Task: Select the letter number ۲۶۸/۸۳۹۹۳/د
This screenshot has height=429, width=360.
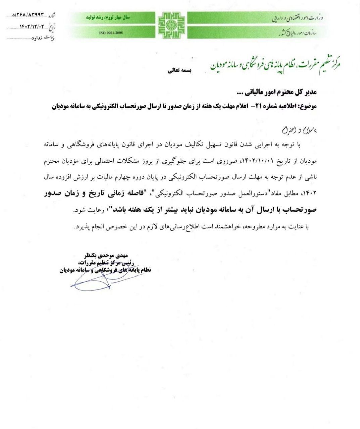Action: tap(30, 16)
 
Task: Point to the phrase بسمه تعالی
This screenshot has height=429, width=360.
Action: tap(179, 71)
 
